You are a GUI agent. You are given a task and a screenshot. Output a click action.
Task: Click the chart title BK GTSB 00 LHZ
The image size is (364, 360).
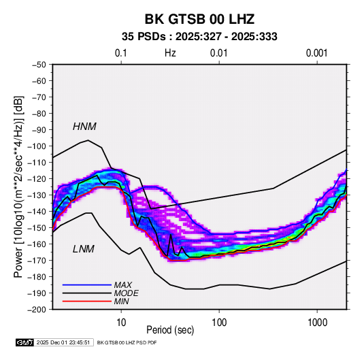click(x=199, y=19)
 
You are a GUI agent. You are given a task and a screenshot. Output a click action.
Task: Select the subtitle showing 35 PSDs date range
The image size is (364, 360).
click(x=199, y=37)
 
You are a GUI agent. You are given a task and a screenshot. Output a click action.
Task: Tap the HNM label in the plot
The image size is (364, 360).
click(x=84, y=127)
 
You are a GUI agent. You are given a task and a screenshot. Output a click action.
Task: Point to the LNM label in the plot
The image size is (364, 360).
click(x=84, y=249)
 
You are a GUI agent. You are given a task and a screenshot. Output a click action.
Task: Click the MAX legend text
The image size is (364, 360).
click(x=122, y=285)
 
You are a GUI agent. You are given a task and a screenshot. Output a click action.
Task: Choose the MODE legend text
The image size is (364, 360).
click(x=127, y=293)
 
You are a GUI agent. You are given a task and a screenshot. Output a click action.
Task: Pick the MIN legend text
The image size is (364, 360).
click(x=121, y=301)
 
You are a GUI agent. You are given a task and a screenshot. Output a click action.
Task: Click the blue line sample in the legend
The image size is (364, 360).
click(x=87, y=285)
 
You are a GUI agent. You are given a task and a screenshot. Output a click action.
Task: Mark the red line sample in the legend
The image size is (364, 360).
click(x=87, y=301)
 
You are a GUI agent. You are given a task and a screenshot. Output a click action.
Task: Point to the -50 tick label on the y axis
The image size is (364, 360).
click(x=39, y=65)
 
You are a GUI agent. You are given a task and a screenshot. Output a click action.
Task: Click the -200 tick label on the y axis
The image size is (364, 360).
click(x=37, y=310)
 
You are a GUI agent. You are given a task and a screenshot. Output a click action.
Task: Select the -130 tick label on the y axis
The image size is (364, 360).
click(x=37, y=195)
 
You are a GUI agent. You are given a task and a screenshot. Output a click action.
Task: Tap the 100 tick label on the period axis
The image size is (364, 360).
click(x=219, y=323)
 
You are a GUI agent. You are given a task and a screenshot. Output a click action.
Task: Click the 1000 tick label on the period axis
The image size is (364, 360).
click(x=317, y=323)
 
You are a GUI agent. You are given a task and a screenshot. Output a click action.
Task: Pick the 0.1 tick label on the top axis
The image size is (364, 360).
click(x=121, y=53)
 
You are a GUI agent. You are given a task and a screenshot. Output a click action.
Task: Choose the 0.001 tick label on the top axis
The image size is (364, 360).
click(x=316, y=53)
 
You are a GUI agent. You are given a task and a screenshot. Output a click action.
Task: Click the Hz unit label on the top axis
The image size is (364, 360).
click(x=170, y=53)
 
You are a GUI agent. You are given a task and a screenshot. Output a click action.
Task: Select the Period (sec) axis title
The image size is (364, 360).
click(x=170, y=330)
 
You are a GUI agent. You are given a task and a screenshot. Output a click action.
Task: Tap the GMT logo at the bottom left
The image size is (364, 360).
click(x=25, y=342)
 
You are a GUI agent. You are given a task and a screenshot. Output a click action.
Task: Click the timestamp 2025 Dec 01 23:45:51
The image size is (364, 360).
click(x=63, y=342)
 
